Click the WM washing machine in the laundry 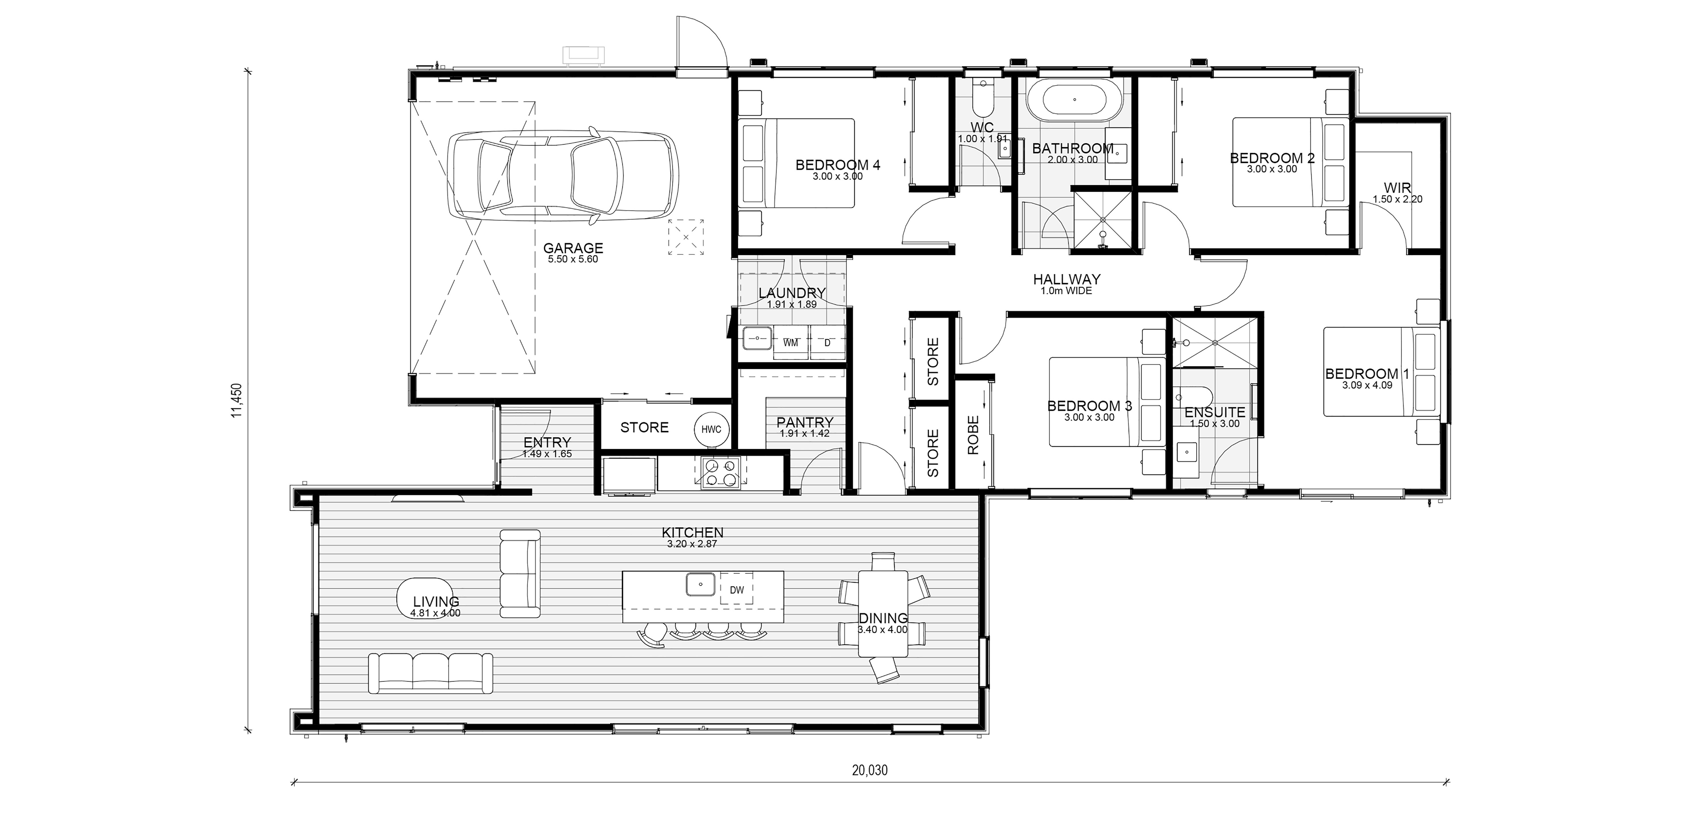point(791,342)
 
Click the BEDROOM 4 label point(838,165)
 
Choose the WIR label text point(1397,188)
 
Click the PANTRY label point(805,422)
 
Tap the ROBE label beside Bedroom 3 point(973,435)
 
